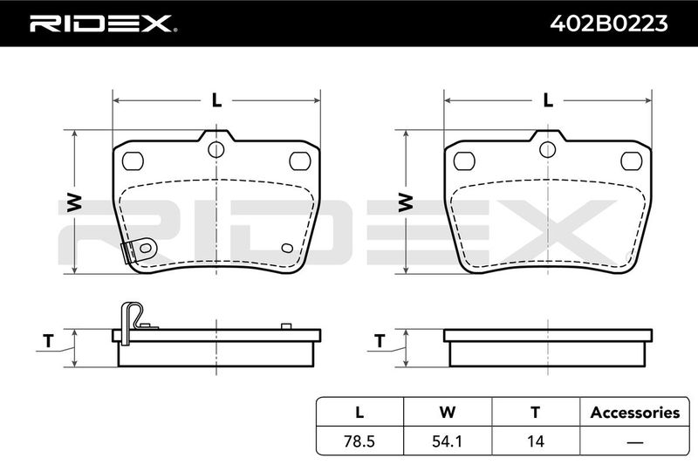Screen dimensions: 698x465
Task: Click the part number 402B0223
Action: [x=608, y=24]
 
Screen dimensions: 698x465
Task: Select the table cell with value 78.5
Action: [x=359, y=441]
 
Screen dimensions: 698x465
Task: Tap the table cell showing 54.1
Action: [x=448, y=441]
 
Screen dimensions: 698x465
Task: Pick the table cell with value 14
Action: [x=536, y=441]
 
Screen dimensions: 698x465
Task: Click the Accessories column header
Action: [x=635, y=412]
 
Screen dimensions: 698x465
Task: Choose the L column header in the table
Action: [x=359, y=412]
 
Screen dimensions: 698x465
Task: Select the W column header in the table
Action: [x=448, y=412]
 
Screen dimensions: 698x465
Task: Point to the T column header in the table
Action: [x=536, y=412]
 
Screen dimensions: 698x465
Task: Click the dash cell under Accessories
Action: [x=635, y=441]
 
